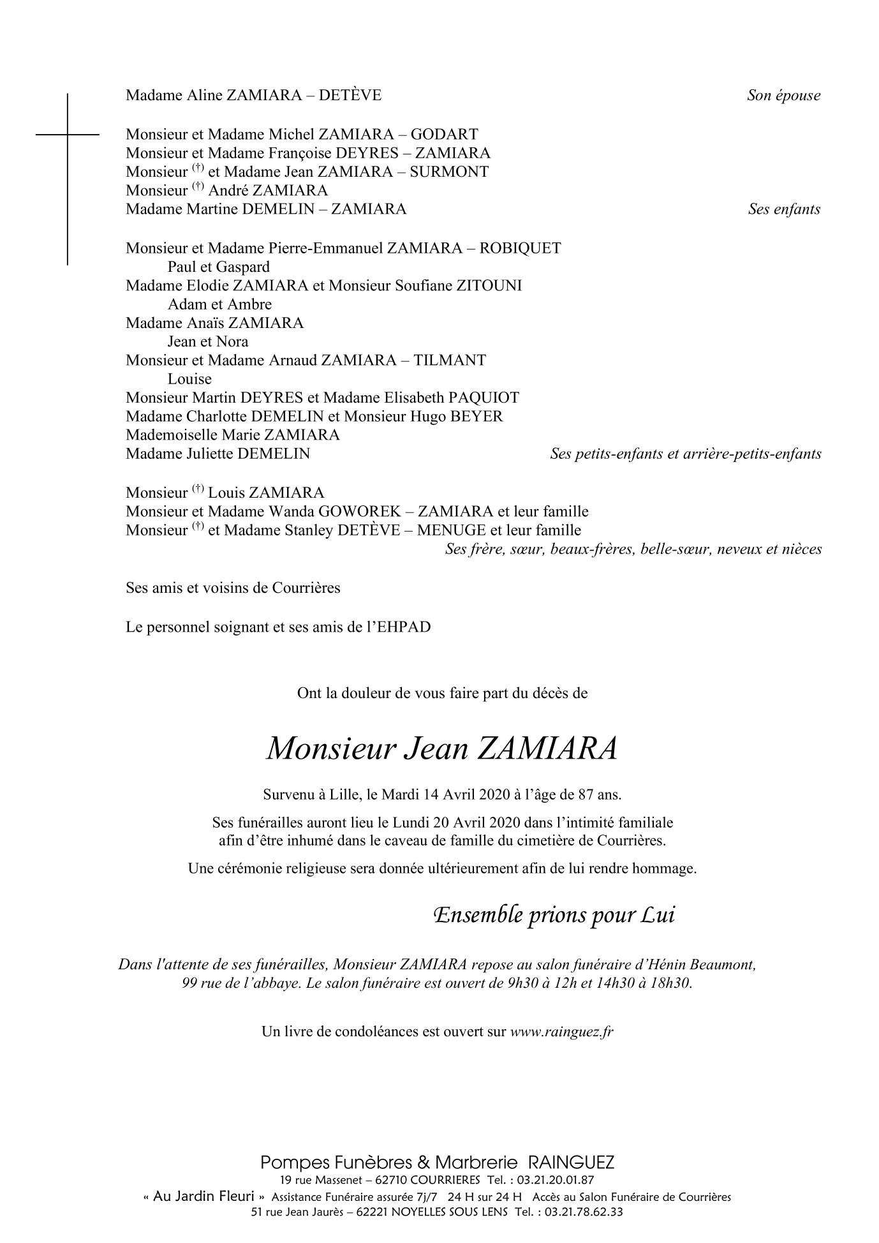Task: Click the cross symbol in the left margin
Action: tap(67, 135)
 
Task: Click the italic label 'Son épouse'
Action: tap(783, 96)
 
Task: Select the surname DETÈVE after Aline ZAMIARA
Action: tap(350, 96)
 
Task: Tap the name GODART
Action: tap(444, 135)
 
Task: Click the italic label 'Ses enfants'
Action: tap(784, 209)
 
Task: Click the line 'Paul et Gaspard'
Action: tap(218, 267)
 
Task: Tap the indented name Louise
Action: tap(189, 378)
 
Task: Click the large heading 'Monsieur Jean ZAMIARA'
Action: tap(442, 748)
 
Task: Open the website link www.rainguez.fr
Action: tap(561, 1032)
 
